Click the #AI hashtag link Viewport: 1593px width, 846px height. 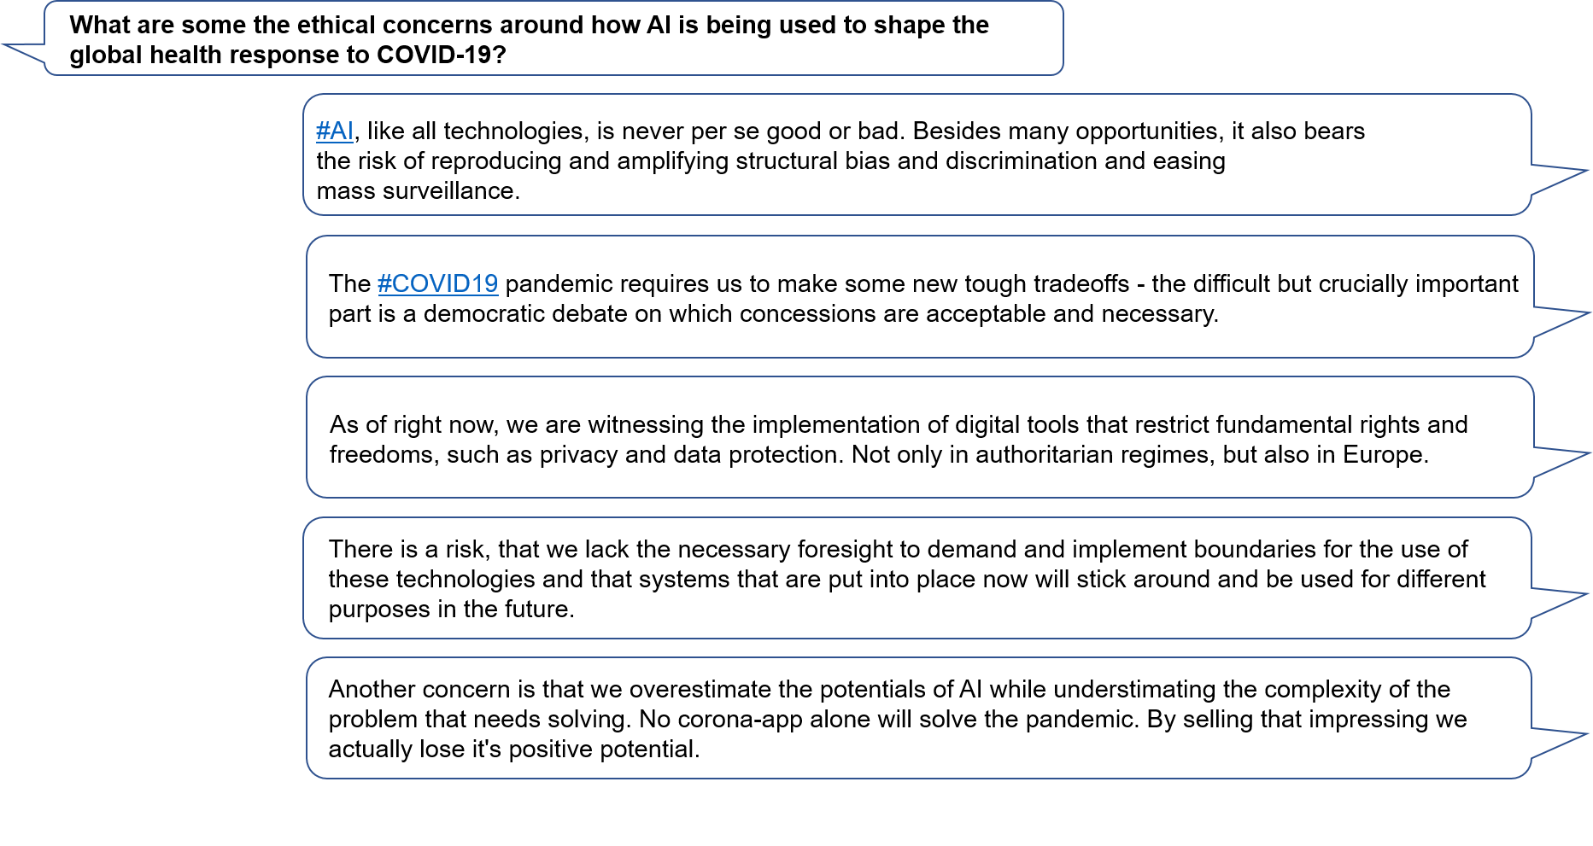(x=334, y=131)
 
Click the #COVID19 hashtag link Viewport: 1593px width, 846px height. (x=437, y=283)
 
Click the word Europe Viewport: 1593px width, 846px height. (x=1385, y=455)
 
